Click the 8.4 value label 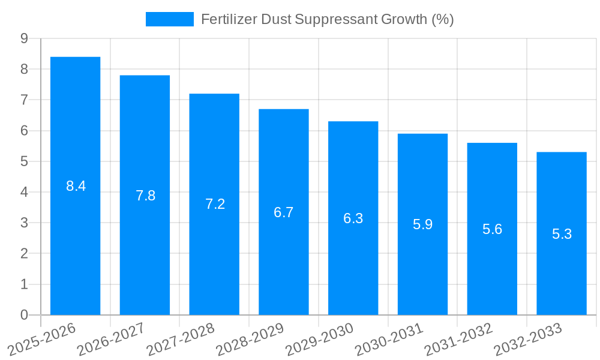coord(76,186)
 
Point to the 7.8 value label coord(146,196)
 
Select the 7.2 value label coord(215,204)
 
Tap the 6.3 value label coord(353,218)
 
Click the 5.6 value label coord(492,229)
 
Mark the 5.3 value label coord(562,234)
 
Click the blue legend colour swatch coord(169,19)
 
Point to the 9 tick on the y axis coord(24,38)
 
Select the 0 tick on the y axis coord(24,315)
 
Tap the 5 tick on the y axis coord(24,161)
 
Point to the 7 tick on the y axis coord(24,100)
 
